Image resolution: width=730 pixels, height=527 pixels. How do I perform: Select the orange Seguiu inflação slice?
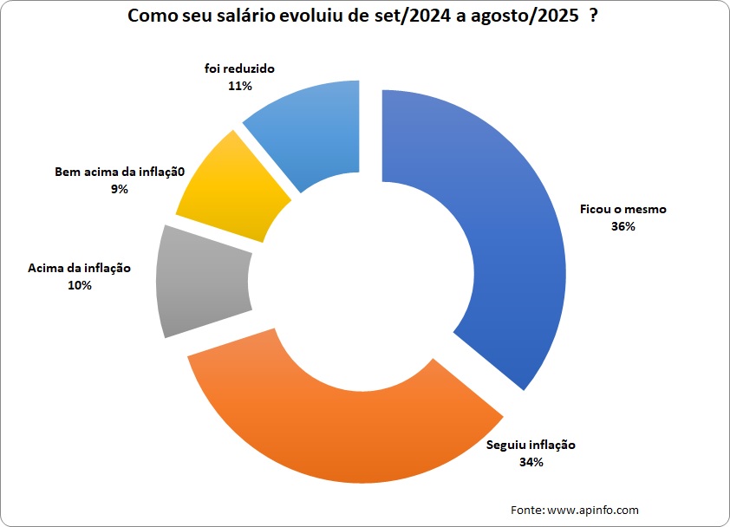coord(338,433)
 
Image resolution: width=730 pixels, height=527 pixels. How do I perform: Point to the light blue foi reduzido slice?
coord(312,130)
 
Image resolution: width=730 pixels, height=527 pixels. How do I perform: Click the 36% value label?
coord(622,226)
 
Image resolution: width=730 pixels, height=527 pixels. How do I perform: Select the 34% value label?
coord(531,462)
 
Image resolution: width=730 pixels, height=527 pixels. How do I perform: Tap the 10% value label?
coord(80,284)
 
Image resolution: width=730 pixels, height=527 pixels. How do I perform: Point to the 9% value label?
coord(119,188)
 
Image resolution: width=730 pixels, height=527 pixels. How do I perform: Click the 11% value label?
coord(240,86)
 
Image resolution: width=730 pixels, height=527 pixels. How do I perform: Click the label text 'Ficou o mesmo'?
coord(622,209)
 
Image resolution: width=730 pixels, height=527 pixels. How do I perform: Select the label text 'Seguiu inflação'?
coord(531,446)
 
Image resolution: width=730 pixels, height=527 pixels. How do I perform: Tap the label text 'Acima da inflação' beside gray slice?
coord(80,268)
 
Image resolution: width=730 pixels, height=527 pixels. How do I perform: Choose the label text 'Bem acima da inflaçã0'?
coord(121,172)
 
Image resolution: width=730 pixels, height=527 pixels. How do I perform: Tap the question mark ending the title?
coord(593,16)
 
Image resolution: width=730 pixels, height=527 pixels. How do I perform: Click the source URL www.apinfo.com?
coord(593,510)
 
